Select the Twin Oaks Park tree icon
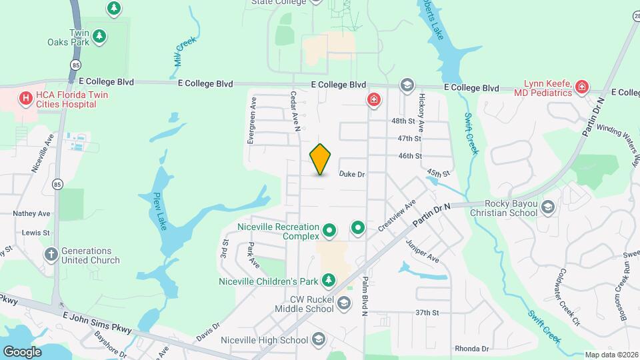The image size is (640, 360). [x=99, y=35]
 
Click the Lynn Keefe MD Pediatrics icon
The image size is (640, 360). [x=582, y=87]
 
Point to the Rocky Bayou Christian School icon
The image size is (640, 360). [x=548, y=207]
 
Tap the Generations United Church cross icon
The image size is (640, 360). [x=51, y=255]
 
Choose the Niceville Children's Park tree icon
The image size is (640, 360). [x=328, y=279]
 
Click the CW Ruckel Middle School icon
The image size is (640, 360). [x=343, y=304]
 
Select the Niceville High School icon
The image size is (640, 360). [x=318, y=339]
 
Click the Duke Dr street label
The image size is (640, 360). [x=352, y=175]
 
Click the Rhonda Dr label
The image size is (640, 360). [x=472, y=349]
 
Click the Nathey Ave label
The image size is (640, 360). [x=32, y=213]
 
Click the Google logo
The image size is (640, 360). [x=23, y=351]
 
